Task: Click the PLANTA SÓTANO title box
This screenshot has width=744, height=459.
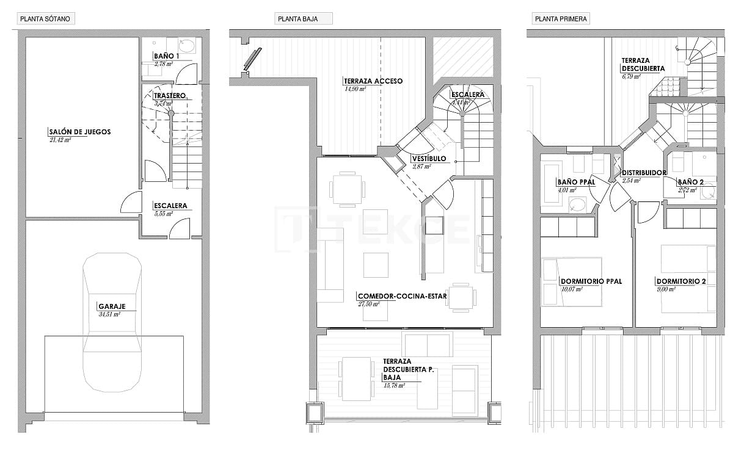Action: [45, 19]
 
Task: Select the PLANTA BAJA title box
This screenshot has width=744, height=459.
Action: [304, 19]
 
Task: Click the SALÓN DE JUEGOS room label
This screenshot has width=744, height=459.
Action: [79, 132]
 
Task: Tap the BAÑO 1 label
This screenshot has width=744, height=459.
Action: [167, 56]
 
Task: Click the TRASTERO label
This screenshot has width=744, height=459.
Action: [169, 96]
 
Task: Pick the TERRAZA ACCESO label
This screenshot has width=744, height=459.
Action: [373, 81]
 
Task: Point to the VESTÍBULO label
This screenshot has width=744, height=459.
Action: [429, 159]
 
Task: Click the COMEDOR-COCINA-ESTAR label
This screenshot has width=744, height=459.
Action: [403, 297]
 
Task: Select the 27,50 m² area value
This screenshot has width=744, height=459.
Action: [369, 303]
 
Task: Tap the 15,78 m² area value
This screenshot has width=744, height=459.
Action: [393, 386]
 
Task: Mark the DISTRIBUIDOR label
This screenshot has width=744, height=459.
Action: [643, 173]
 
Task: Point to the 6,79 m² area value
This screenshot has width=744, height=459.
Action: [631, 76]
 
